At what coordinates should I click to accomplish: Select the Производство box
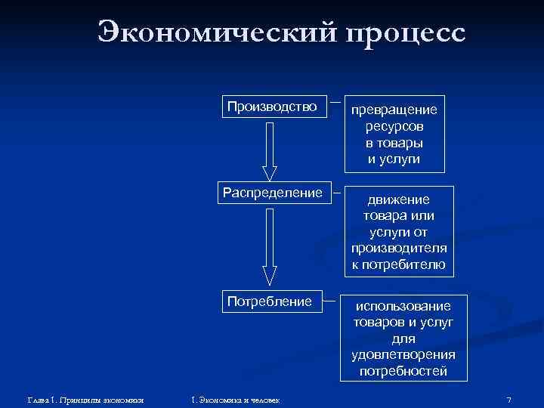coord(273,107)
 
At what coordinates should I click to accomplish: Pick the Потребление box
coord(270,302)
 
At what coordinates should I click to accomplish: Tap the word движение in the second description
coord(398,200)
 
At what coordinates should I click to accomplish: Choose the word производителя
coord(398,249)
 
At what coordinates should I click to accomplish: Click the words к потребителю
coord(398,264)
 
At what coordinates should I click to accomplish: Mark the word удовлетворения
coord(403,355)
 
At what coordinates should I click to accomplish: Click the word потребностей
coord(403,371)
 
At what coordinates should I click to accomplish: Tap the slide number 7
coord(509,399)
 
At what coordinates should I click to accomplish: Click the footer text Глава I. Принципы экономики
coord(85,399)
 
